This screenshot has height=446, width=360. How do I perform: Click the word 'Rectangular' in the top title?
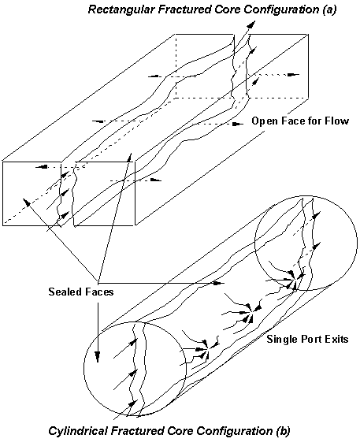tap(121, 9)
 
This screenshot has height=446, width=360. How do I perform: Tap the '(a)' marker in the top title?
tap(329, 9)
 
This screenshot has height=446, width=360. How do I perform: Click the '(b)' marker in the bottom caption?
tap(284, 431)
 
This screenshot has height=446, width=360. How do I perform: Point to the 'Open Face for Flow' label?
tap(300, 121)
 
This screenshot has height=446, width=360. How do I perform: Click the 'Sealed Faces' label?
tap(81, 292)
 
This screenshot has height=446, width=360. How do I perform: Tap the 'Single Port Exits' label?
tap(307, 339)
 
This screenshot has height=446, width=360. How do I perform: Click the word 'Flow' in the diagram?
tap(337, 121)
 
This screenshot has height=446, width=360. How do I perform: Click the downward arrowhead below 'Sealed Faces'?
tap(98, 356)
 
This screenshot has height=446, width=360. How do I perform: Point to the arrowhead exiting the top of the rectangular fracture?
tap(251, 24)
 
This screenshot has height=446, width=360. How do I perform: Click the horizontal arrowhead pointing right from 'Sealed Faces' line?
tap(218, 283)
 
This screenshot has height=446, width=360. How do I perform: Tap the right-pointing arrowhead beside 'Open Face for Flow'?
tap(239, 124)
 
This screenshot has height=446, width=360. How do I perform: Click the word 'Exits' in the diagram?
tap(336, 339)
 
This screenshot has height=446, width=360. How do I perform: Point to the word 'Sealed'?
tap(65, 292)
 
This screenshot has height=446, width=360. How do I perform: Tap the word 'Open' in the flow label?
tap(265, 121)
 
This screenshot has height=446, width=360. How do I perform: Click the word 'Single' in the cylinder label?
tap(282, 340)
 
